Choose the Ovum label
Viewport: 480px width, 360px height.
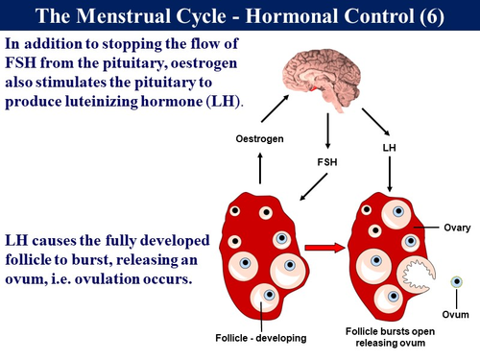pyautogui.click(x=456, y=315)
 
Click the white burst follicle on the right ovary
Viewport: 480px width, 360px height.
pyautogui.click(x=420, y=277)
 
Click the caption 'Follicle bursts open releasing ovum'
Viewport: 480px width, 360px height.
pyautogui.click(x=394, y=336)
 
